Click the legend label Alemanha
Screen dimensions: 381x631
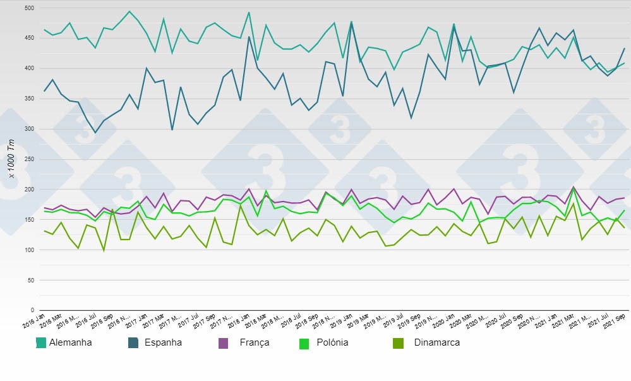pos(70,343)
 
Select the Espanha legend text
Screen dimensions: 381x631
pos(163,343)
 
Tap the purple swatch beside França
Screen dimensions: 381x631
pos(223,343)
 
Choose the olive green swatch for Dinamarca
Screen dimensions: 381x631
pos(398,343)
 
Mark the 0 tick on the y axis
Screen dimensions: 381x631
pos(31,310)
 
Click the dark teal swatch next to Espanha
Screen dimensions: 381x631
pos(133,343)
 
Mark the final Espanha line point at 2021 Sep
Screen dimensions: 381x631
pos(624,49)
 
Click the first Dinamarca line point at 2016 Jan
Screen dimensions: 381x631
pos(44,231)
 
